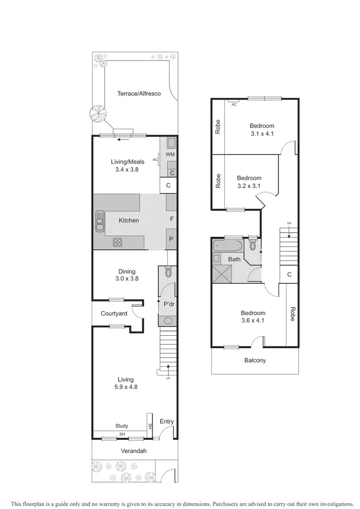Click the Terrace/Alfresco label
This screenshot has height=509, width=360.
point(139,94)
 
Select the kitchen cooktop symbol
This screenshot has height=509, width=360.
point(118,242)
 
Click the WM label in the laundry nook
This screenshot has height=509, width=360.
point(170,154)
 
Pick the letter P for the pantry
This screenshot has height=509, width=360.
point(171,239)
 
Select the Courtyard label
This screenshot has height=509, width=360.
point(114,314)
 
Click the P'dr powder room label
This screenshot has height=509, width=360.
point(168,304)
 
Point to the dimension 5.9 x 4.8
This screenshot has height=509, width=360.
point(126,387)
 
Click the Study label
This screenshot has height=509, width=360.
point(122,426)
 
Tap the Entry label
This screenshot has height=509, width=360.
point(167,422)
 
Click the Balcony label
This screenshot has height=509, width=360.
point(254,360)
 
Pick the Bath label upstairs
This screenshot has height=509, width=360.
point(234,259)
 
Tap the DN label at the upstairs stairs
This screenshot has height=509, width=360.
point(289,223)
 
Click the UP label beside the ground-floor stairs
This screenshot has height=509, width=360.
point(168,378)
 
